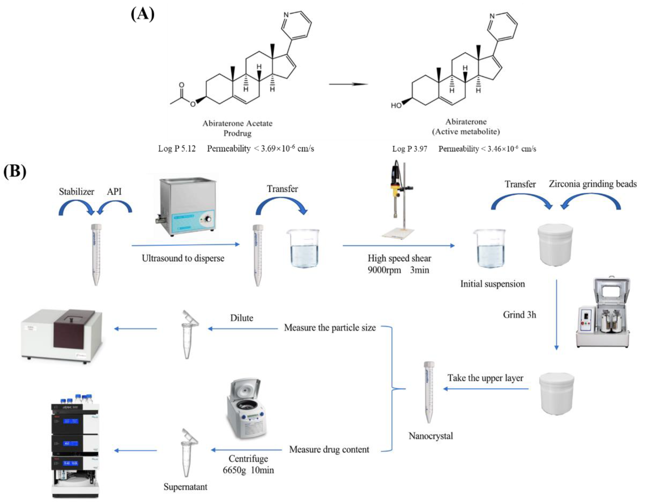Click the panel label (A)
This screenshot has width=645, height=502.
(x=142, y=14)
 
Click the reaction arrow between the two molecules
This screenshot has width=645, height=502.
(x=348, y=84)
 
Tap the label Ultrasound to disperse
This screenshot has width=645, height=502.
(x=183, y=258)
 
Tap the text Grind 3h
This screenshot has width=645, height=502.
(x=519, y=315)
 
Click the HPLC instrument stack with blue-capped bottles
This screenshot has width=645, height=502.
(x=75, y=446)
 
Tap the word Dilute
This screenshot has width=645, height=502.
(x=242, y=318)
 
